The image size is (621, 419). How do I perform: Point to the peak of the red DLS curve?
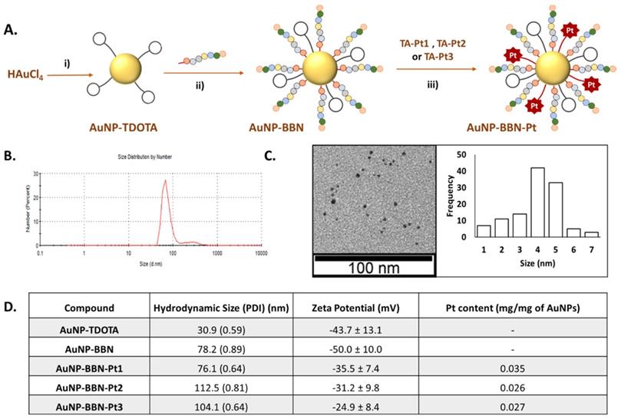pos(165,181)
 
